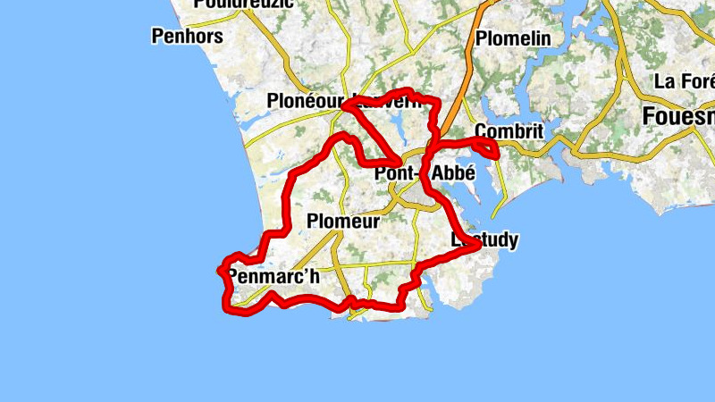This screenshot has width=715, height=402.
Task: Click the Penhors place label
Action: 188,37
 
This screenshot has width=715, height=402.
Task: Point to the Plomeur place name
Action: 342,221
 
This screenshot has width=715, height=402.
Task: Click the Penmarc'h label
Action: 273,276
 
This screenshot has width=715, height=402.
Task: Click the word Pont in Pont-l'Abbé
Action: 394,174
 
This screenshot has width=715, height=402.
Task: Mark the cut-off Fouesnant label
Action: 678,116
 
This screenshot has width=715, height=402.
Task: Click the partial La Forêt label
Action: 684,81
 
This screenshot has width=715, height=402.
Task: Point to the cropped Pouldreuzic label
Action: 237,4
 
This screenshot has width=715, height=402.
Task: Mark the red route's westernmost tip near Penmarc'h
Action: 220,269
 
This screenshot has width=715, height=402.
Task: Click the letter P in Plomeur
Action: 312,221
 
